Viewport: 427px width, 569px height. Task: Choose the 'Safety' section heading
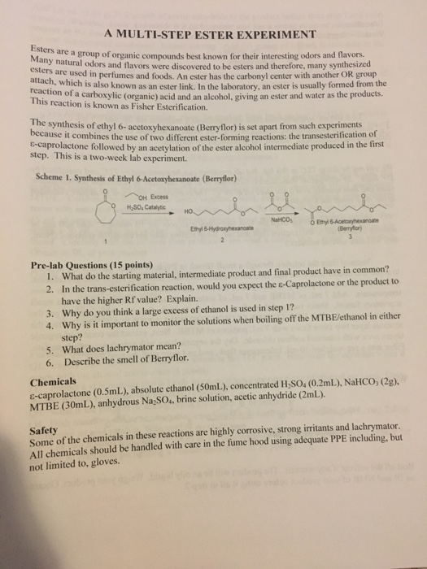(x=45, y=427)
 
